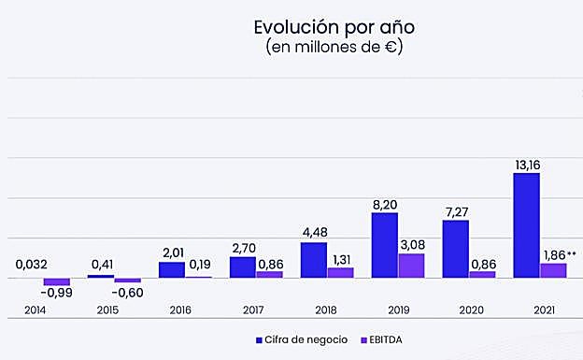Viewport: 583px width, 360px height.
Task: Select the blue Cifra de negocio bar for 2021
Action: pyautogui.click(x=526, y=225)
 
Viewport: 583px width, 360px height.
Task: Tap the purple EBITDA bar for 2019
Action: pyautogui.click(x=411, y=266)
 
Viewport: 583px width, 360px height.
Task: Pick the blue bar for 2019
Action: pyautogui.click(x=384, y=245)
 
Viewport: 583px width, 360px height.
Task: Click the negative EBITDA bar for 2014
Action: pyautogui.click(x=56, y=281)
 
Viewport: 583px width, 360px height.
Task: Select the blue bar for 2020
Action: pyautogui.click(x=455, y=249)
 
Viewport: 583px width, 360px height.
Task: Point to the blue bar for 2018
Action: pyautogui.click(x=313, y=260)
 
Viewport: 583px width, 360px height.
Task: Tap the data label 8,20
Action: pyautogui.click(x=384, y=205)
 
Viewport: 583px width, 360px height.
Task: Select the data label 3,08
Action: pyautogui.click(x=411, y=245)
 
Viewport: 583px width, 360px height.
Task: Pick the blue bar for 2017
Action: pyautogui.click(x=243, y=266)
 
